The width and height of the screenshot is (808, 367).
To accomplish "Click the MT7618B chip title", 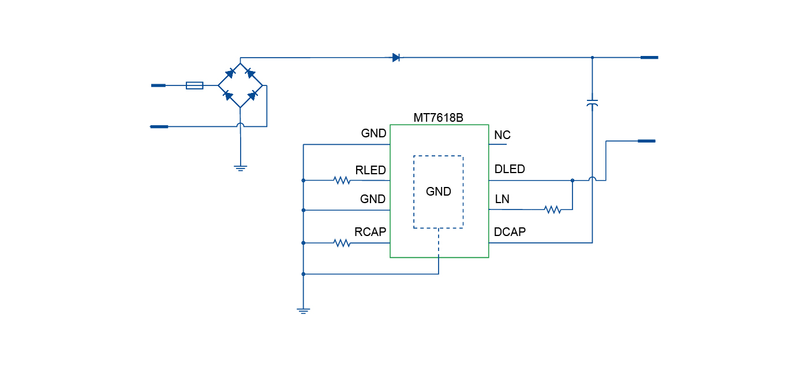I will pyautogui.click(x=439, y=118).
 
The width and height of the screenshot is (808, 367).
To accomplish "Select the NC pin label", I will pyautogui.click(x=502, y=135).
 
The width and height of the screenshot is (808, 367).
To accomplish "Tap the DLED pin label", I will pyautogui.click(x=510, y=169).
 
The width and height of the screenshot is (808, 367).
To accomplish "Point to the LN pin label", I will pyautogui.click(x=502, y=199).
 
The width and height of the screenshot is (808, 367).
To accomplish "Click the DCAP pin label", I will pyautogui.click(x=510, y=232).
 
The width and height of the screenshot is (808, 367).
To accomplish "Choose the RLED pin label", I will pyautogui.click(x=370, y=170).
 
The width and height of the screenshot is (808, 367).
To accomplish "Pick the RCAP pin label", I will pyautogui.click(x=370, y=232).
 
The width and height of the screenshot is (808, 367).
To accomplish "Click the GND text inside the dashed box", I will pyautogui.click(x=438, y=192).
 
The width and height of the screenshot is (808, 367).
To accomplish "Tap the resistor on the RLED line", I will pyautogui.click(x=342, y=181).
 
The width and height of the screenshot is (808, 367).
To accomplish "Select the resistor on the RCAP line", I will pyautogui.click(x=342, y=244).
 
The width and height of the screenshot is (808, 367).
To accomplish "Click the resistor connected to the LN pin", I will pyautogui.click(x=553, y=209).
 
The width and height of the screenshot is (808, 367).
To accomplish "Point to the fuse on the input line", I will pyautogui.click(x=194, y=85).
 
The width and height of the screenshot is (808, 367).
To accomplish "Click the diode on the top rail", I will pyautogui.click(x=396, y=58).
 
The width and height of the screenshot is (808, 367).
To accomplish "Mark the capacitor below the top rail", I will pyautogui.click(x=592, y=103).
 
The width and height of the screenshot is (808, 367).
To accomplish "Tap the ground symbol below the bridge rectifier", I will pyautogui.click(x=241, y=168).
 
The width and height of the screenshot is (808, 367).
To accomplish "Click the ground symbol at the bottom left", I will pyautogui.click(x=303, y=310).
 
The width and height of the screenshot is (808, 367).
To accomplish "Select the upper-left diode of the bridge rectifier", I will pyautogui.click(x=230, y=73).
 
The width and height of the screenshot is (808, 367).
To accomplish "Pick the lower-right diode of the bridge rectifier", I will pyautogui.click(x=252, y=95).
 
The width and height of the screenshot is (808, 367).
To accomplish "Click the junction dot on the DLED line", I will pyautogui.click(x=573, y=181).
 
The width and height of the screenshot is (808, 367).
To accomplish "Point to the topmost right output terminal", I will pyautogui.click(x=649, y=58).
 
